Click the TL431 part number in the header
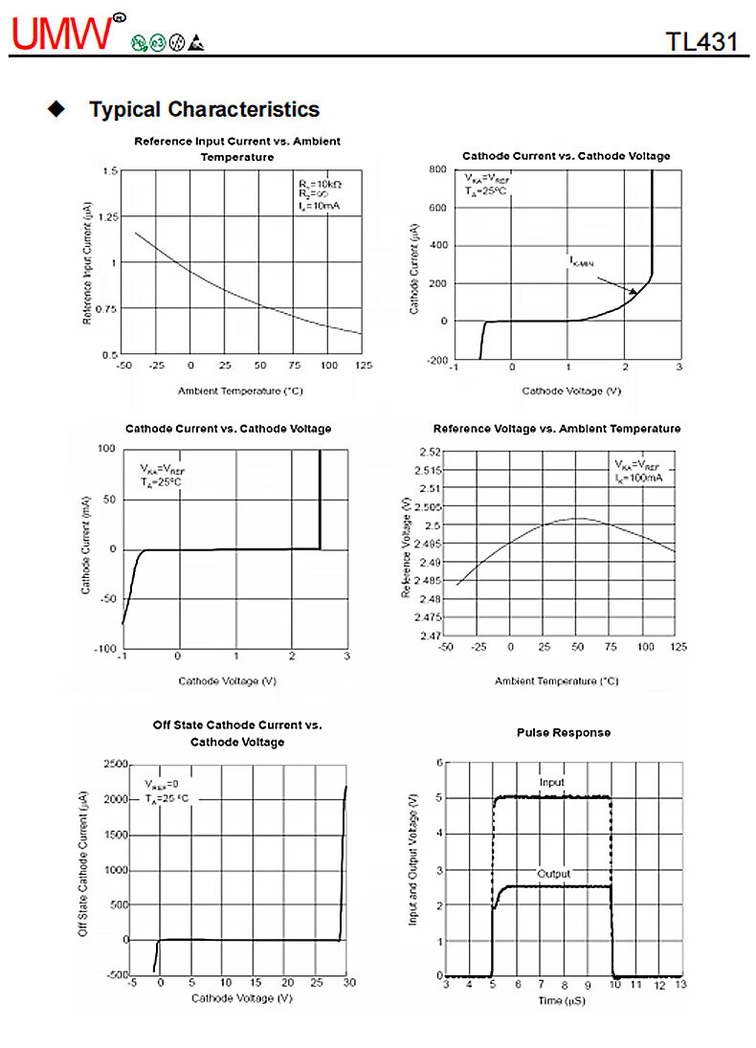coord(701,41)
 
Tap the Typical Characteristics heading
coord(204,109)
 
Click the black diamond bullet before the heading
coord(56,108)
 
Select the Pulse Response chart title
coord(563,732)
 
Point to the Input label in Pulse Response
coord(552,783)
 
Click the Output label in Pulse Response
coord(553,874)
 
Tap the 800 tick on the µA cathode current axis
coord(437,169)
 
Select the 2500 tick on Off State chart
coord(115,764)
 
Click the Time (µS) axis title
coord(561,1000)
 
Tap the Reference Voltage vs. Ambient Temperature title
coord(557,429)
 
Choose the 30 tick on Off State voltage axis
coord(348,983)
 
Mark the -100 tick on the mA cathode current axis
coord(104,650)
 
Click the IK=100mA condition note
coord(638,477)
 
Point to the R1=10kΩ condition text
coord(320,183)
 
